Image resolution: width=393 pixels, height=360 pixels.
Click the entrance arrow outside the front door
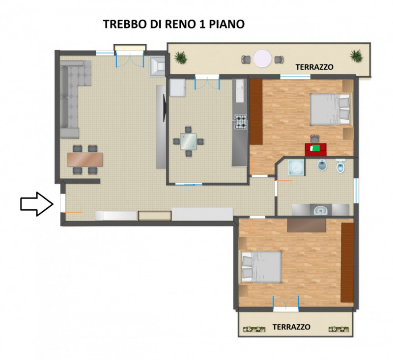tap(37, 204)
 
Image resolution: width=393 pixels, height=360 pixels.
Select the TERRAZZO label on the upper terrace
tap(314, 67)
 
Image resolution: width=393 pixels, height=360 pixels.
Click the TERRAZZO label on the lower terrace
tap(291, 327)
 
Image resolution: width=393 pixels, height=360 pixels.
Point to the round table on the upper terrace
tap(262, 58)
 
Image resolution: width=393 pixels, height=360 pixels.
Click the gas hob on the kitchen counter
tap(241, 122)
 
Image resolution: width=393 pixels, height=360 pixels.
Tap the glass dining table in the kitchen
tap(189, 141)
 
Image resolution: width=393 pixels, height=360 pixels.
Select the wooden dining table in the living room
tap(85, 160)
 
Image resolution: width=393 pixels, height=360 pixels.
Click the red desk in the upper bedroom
tap(315, 150)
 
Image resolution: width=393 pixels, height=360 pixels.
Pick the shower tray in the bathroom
tap(296, 167)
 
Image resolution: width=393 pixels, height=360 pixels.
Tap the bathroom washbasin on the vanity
tap(321, 210)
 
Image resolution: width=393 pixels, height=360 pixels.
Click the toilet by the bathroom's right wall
tap(340, 166)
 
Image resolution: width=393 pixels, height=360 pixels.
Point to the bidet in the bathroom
tap(322, 165)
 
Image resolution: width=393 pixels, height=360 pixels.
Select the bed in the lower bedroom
tap(261, 267)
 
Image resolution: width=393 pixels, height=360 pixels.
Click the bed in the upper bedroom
tap(330, 109)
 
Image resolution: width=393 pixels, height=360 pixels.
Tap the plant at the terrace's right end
tap(356, 56)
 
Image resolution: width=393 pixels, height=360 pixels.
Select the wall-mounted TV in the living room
tap(165, 108)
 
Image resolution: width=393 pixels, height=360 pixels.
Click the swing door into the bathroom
tap(284, 188)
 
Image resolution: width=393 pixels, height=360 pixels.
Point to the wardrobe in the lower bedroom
tap(347, 262)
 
